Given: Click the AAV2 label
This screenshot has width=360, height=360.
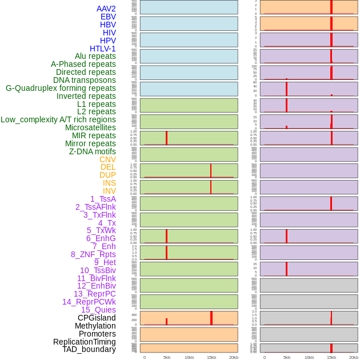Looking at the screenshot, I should pos(106,9).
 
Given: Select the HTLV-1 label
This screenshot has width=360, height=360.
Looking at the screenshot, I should pos(102,49).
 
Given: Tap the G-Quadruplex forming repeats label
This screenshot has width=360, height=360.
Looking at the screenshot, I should pos(61,88).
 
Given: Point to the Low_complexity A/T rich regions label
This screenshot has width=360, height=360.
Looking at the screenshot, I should pos(58,119).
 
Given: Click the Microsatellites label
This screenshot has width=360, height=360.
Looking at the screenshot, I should pos(90,127).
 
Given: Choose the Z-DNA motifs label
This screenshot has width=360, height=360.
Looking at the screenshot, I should pos(92,151).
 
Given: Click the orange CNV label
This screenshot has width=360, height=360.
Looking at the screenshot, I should pos(107,159).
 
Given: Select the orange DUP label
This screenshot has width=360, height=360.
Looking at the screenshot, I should pos(107,175).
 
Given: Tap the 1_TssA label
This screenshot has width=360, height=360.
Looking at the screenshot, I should pos(103,199).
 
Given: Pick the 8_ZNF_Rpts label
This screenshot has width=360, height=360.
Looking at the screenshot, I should pos(93,254).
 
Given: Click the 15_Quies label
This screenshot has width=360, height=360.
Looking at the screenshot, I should pos(98,310).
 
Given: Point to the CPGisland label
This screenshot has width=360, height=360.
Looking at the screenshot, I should pos(97,318).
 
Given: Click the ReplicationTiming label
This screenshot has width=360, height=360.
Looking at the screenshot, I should pos(84,342).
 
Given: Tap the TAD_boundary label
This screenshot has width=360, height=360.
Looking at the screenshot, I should pos(89,349).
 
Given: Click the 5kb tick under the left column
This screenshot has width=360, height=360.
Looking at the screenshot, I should pos(166,357).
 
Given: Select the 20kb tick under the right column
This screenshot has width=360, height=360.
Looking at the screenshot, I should pos(353,357).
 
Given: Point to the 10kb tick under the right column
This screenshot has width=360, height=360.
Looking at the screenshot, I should pos(309,357).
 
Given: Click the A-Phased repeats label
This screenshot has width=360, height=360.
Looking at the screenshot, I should pos(83,64).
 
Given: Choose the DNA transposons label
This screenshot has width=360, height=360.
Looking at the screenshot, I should pos(85,80).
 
